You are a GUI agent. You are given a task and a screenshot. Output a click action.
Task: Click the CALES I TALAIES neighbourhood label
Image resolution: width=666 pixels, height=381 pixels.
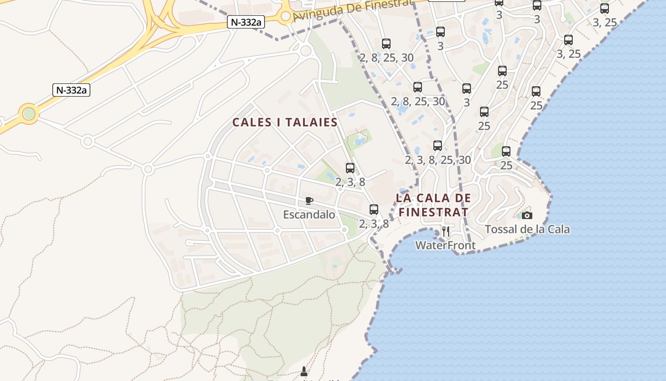click(285, 122)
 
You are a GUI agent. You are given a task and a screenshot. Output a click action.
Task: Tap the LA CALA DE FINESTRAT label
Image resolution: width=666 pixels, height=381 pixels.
click(433, 205)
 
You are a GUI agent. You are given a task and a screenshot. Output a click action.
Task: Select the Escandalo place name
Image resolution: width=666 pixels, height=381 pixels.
click(309, 215)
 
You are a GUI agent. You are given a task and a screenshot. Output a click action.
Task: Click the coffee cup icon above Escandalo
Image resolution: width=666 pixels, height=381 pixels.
click(309, 201)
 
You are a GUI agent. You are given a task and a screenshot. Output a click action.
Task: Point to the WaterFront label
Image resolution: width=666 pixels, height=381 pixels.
click(445, 245)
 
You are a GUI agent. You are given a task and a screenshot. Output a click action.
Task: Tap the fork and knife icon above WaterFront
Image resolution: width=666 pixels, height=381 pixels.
click(446, 231)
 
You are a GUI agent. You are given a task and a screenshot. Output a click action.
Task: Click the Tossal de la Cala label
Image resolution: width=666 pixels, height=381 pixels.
click(527, 230)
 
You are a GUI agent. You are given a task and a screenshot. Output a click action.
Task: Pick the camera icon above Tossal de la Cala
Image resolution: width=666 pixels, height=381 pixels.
click(527, 216)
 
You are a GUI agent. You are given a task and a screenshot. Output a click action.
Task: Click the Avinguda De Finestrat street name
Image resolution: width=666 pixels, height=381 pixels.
click(352, 10)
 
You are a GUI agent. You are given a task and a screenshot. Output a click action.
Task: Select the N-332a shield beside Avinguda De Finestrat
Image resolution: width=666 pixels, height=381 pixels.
click(245, 22)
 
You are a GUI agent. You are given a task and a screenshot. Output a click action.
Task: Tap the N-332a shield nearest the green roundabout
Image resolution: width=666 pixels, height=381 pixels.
click(71, 90)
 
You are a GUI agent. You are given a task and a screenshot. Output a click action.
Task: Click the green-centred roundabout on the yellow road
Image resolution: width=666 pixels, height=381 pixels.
click(29, 114)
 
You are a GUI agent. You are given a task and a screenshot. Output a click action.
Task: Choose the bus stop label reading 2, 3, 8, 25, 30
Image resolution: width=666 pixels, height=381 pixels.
click(438, 160)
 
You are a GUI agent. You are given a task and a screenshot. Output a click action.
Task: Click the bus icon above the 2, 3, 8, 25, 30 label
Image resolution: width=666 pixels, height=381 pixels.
click(438, 146)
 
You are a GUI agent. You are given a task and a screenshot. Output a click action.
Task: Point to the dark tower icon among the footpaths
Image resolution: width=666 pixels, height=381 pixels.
click(304, 371)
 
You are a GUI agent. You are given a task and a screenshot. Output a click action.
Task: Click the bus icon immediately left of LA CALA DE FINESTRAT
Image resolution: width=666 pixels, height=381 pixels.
click(374, 209)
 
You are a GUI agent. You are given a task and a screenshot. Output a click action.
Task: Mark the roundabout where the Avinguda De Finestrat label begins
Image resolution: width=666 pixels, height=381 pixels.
click(285, 17)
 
